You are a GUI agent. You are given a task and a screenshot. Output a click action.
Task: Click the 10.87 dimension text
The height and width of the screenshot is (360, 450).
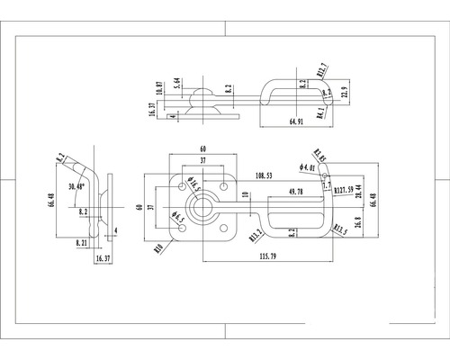[159, 86]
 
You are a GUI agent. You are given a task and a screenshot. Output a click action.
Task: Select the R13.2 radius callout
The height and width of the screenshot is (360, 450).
[257, 236]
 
